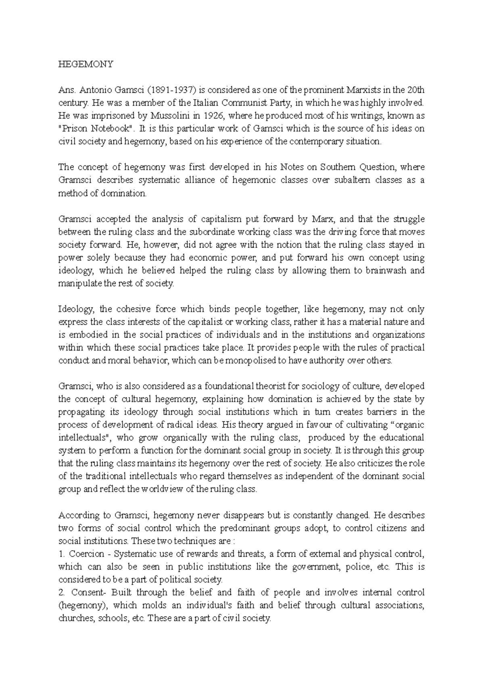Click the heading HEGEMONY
(x=86, y=64)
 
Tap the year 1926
(x=213, y=116)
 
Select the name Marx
(x=323, y=219)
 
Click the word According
(x=77, y=515)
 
